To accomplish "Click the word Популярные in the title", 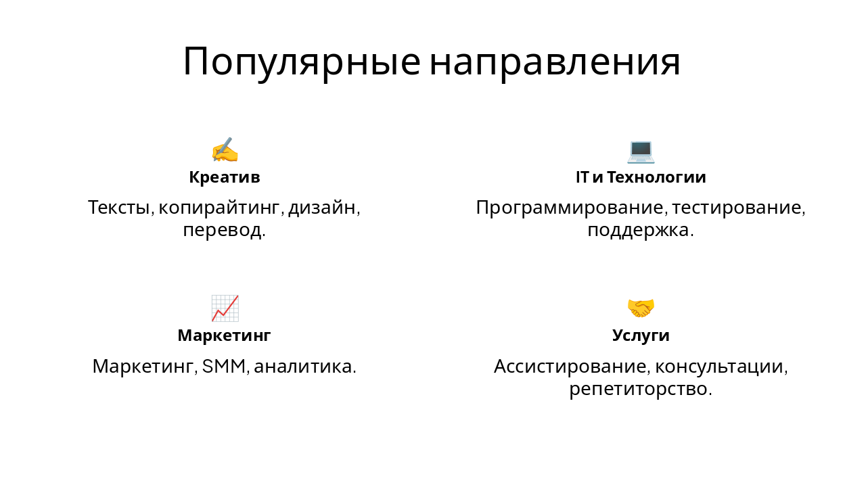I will (302, 62).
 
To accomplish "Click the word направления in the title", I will (555, 62).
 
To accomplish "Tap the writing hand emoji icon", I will (225, 150).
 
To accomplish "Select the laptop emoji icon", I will (641, 151).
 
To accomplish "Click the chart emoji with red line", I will (225, 308).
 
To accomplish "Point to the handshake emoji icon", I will (641, 308).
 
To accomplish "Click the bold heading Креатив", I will (225, 177).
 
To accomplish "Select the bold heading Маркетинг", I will (224, 335).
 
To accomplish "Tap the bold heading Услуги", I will (641, 335).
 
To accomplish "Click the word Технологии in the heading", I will (656, 177).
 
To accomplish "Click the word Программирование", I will (570, 208).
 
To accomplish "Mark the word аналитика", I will (304, 367).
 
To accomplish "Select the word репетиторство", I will (640, 390).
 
